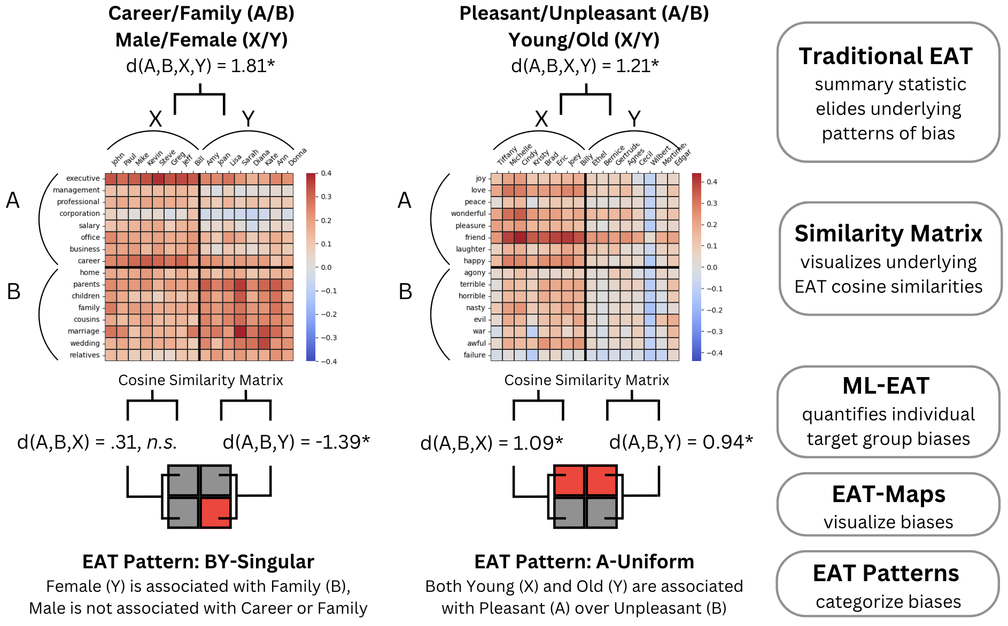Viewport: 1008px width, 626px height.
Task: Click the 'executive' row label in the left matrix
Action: point(83,178)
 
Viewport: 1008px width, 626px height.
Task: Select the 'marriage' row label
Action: point(83,331)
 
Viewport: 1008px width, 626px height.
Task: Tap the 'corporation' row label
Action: point(80,214)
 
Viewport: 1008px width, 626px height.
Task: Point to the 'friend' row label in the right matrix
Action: point(475,237)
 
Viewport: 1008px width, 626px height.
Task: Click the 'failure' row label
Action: point(474,355)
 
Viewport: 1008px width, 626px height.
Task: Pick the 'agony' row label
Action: point(475,272)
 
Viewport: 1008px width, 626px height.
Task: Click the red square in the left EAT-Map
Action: point(216,512)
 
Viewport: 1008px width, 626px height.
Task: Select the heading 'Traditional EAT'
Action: point(886,57)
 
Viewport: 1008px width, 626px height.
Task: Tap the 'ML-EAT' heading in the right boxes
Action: point(886,386)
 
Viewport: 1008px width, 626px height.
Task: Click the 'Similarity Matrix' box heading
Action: point(888,234)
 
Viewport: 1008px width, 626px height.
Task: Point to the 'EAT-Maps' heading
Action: point(888,495)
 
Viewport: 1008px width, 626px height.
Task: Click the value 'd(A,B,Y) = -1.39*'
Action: point(296,442)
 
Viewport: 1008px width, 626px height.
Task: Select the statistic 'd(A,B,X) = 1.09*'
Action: point(492,443)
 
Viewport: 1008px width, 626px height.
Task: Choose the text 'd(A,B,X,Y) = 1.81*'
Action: point(200,66)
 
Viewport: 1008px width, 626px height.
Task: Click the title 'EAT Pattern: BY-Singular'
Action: point(198,562)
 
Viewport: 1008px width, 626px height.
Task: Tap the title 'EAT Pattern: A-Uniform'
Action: point(584,562)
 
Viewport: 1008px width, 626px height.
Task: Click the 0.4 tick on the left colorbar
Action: point(326,173)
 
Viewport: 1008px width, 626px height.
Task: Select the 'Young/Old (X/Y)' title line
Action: point(584,40)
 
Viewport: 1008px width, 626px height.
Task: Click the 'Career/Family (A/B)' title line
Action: point(201,13)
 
